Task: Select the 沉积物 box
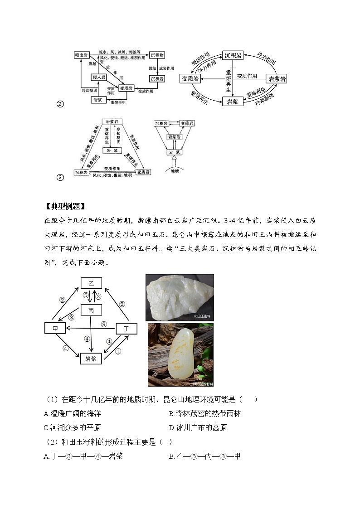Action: [x=157, y=55]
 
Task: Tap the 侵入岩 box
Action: [x=99, y=78]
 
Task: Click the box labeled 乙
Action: [x=91, y=283]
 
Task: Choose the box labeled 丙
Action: [x=91, y=310]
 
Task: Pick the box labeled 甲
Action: [x=55, y=328]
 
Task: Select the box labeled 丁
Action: [x=126, y=328]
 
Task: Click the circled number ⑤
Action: [x=85, y=295]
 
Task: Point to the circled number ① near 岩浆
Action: [x=118, y=351]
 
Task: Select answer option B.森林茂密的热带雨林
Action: [x=204, y=413]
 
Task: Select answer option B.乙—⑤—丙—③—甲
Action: [x=204, y=456]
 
